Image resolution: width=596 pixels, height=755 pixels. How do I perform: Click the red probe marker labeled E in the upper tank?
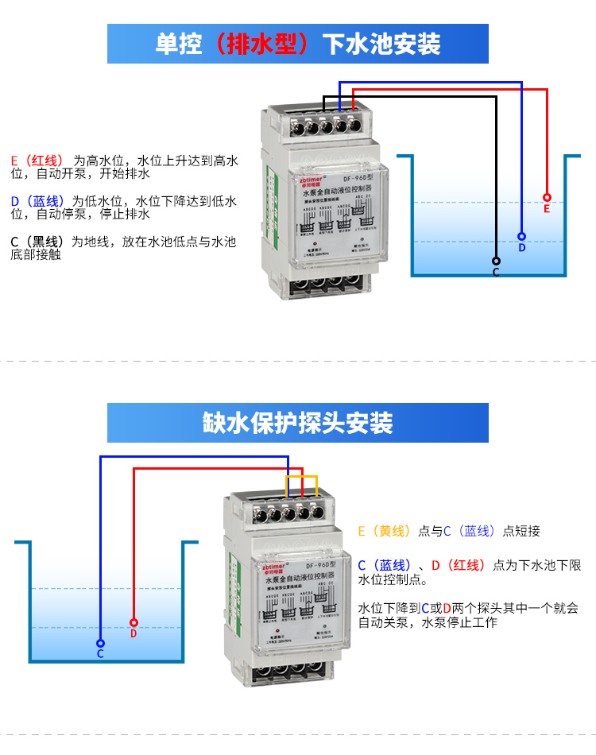pyautogui.click(x=547, y=197)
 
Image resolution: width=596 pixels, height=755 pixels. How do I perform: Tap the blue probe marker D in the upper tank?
pyautogui.click(x=521, y=236)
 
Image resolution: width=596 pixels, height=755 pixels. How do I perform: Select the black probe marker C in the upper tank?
pyautogui.click(x=496, y=261)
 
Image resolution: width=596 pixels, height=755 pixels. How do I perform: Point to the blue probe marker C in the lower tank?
pyautogui.click(x=100, y=643)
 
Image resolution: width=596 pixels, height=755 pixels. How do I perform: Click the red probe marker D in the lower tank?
pyautogui.click(x=134, y=622)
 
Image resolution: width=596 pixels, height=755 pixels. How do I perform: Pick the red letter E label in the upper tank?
pyautogui.click(x=547, y=209)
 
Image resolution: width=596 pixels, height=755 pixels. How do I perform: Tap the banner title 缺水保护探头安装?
pyautogui.click(x=298, y=423)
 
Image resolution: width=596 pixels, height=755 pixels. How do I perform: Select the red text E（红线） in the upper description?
pyautogui.click(x=37, y=160)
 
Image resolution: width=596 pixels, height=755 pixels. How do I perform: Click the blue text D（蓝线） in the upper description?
pyautogui.click(x=37, y=201)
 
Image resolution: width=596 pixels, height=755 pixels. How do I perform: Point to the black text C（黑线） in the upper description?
pyautogui.click(x=37, y=242)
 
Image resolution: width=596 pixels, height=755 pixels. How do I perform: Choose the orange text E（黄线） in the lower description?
pyautogui.click(x=385, y=531)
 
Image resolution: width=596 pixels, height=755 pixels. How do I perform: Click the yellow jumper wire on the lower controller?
pyautogui.click(x=303, y=478)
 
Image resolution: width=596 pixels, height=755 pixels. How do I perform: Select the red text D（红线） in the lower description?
pyautogui.click(x=459, y=565)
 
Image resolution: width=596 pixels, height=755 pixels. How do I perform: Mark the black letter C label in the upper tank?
pyautogui.click(x=496, y=273)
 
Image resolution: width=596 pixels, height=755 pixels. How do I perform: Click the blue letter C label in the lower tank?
pyautogui.click(x=100, y=654)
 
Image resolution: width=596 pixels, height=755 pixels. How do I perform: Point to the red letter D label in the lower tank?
pyautogui.click(x=134, y=633)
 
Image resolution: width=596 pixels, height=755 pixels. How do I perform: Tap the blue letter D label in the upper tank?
pyautogui.click(x=522, y=248)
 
